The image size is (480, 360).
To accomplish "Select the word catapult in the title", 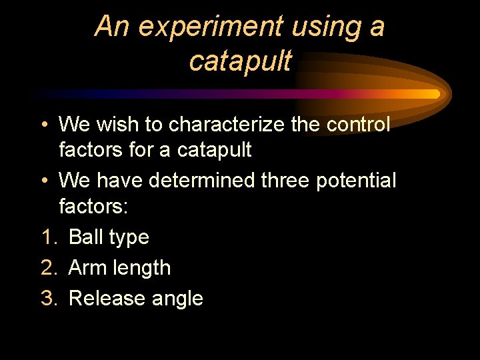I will [240, 61].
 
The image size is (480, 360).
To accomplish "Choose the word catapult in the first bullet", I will [214, 150].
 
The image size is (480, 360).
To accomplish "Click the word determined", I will [203, 181].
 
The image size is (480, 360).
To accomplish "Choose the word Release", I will [103, 298].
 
